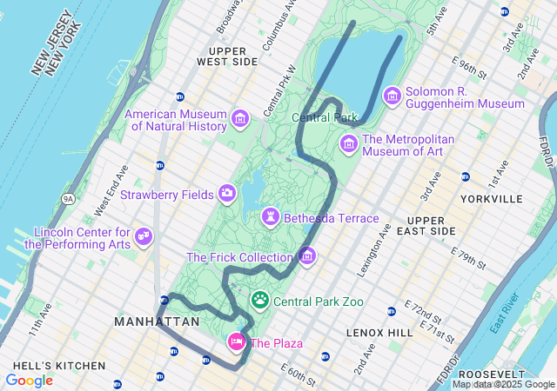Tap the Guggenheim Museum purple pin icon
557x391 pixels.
[393, 96]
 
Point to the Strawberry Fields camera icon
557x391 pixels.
[227, 193]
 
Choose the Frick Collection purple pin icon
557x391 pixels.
[306, 256]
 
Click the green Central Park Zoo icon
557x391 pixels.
[260, 301]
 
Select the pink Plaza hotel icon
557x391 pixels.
[236, 341]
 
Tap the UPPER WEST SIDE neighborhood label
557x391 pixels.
[227, 56]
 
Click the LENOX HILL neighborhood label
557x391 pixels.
[379, 333]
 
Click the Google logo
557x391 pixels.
[29, 381]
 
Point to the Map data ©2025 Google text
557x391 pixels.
[502, 384]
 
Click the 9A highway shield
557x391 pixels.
[68, 199]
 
